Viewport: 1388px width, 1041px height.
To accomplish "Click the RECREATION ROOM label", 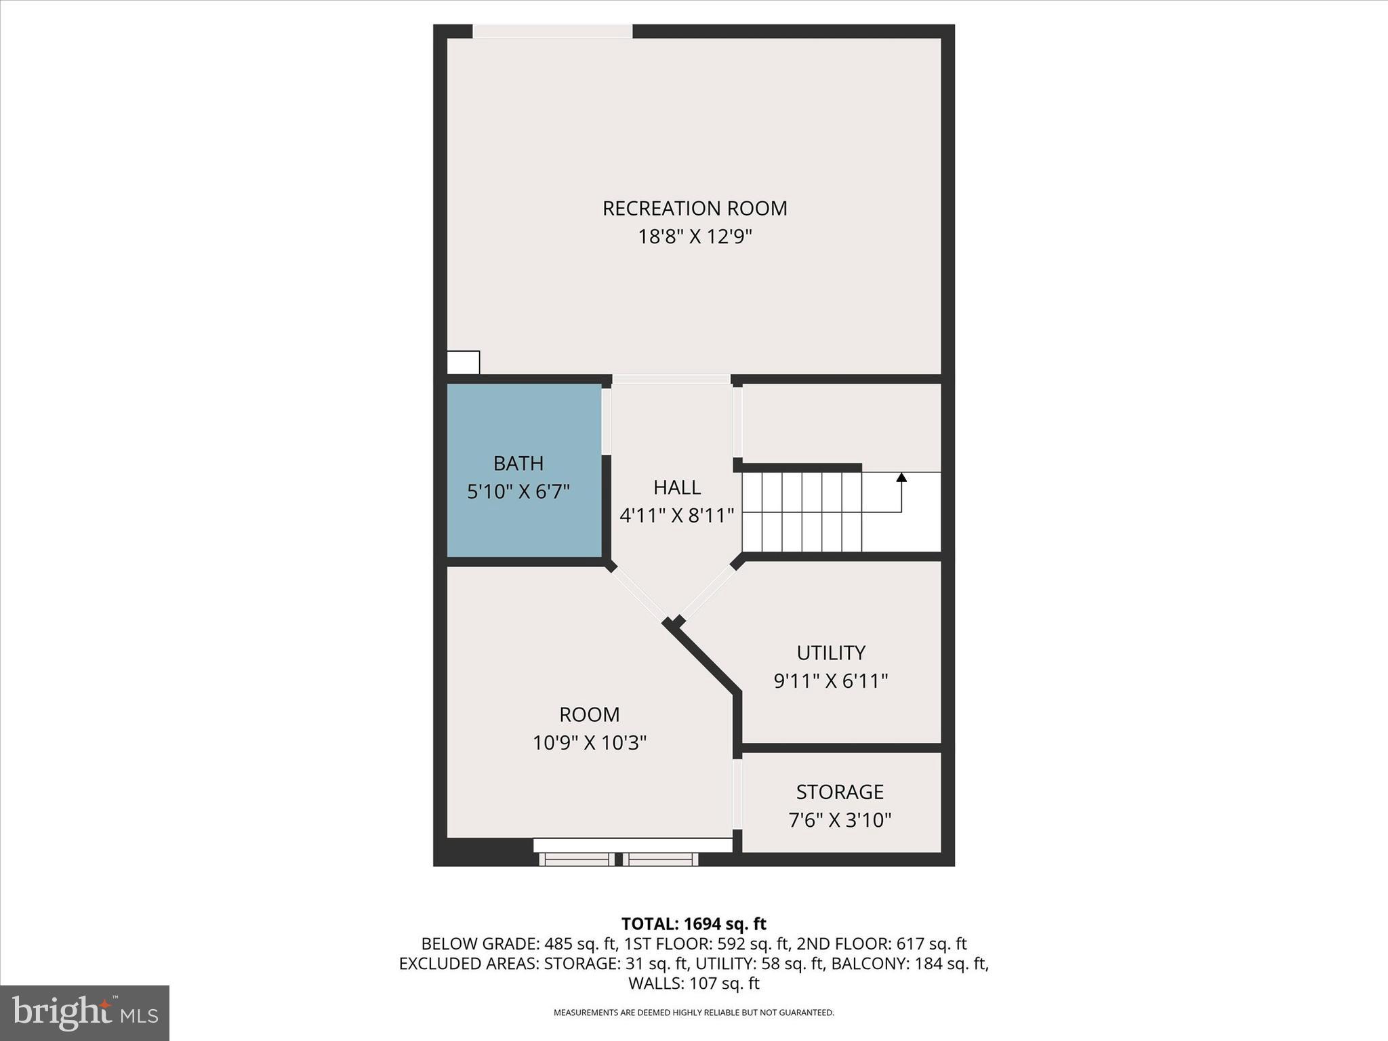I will [695, 208].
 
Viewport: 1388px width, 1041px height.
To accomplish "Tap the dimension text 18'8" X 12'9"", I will [695, 237].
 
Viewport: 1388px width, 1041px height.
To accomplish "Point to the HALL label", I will [677, 487].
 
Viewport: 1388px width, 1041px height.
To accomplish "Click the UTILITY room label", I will [831, 653].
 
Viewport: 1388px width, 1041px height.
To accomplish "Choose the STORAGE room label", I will [840, 792].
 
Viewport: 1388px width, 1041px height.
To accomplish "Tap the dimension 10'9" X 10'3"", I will [590, 743].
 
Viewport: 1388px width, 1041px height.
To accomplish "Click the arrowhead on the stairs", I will [901, 477].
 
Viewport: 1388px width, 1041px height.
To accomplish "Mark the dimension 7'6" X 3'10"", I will [840, 821].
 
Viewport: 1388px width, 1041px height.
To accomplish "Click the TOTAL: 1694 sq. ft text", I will [694, 924].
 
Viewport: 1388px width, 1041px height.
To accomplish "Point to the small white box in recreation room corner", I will [464, 362].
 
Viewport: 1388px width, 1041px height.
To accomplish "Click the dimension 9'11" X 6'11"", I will [831, 681].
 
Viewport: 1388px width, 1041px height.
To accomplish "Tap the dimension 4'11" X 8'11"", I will [677, 516].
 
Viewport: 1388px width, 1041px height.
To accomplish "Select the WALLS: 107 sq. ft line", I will [694, 983].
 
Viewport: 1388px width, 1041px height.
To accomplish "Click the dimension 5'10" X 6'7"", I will [518, 491].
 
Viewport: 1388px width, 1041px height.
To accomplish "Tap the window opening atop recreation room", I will [552, 31].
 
